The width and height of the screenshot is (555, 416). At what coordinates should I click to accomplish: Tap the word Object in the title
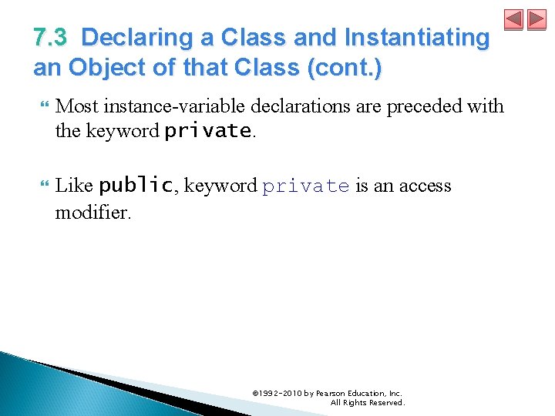tap(104, 69)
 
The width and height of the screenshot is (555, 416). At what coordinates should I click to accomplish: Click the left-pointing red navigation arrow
tap(513, 20)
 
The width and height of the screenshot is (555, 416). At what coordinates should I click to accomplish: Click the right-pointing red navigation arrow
tap(536, 20)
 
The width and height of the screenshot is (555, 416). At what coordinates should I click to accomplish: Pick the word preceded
tap(425, 106)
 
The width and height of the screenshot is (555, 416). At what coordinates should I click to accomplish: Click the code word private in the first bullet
tap(208, 131)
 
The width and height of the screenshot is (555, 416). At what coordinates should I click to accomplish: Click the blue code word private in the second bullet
tap(306, 186)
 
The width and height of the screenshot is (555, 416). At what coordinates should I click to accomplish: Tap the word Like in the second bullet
tap(75, 186)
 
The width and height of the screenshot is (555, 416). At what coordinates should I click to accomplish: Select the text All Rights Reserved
tap(367, 403)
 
